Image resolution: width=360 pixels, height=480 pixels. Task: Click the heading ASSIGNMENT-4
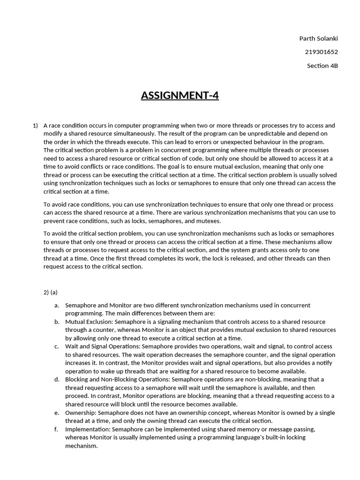(x=180, y=96)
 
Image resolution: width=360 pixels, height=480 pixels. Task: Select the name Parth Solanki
(x=318, y=38)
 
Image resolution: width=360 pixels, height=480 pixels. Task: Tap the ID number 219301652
(x=321, y=52)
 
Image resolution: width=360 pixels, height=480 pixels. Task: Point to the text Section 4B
(x=322, y=66)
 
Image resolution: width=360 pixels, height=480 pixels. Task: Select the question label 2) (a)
(x=50, y=292)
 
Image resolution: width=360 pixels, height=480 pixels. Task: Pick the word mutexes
(x=208, y=221)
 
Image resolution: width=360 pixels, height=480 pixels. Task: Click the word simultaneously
(x=133, y=134)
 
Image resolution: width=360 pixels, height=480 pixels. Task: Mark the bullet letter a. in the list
(x=56, y=305)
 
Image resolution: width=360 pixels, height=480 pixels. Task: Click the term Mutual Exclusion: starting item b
(x=89, y=322)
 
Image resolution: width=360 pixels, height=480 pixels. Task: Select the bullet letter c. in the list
(x=56, y=346)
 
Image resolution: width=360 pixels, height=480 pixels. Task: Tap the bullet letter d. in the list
(x=56, y=379)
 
